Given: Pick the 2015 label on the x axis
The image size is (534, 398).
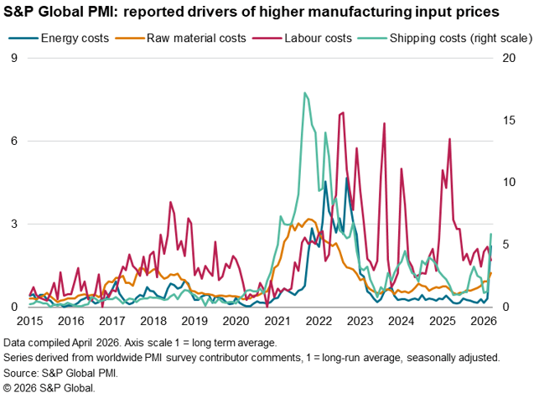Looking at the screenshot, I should pyautogui.click(x=29, y=321).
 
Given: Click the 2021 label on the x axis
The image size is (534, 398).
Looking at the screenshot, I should pyautogui.click(x=277, y=321).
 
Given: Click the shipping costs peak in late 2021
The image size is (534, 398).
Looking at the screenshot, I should pyautogui.click(x=304, y=93).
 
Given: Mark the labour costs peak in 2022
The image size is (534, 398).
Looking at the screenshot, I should pyautogui.click(x=342, y=112).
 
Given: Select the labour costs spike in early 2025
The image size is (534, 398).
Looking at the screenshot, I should pyautogui.click(x=450, y=139).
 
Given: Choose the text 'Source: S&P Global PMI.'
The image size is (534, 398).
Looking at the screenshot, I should pyautogui.click(x=60, y=372).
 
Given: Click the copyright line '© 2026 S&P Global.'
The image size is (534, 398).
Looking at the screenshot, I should pyautogui.click(x=49, y=388).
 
